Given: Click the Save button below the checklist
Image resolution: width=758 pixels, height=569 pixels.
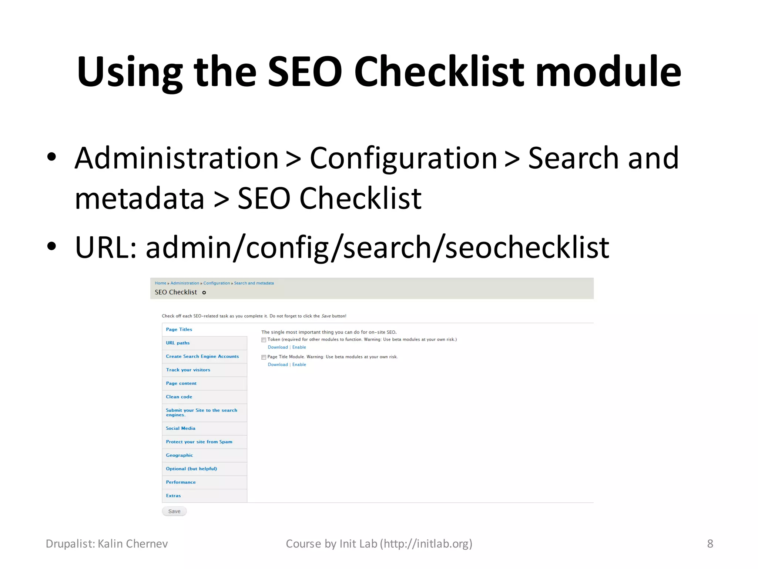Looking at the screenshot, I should (174, 511).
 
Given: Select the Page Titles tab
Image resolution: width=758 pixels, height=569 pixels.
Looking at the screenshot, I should (179, 329).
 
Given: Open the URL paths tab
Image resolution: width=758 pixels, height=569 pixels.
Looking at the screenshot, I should (178, 343).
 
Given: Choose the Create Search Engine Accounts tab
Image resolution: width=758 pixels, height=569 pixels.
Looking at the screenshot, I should (202, 356).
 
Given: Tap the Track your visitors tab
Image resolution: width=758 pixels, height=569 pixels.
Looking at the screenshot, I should (188, 370).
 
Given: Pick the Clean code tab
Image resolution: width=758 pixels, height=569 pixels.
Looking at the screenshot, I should (179, 397).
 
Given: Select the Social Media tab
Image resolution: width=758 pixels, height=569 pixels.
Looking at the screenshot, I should (180, 428).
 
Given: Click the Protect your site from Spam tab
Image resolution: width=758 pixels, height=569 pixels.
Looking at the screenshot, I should (199, 442).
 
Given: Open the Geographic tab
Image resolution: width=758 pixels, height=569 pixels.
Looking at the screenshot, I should (179, 455).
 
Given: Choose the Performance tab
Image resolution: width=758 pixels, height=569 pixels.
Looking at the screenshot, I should (181, 482).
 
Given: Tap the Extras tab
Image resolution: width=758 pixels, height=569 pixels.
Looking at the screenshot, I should (173, 496).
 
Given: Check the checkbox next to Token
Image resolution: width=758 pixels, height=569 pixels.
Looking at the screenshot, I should (264, 340).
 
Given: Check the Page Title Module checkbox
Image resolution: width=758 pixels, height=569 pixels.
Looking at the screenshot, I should (264, 357).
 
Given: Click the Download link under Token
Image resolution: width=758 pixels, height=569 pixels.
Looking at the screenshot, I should (278, 347).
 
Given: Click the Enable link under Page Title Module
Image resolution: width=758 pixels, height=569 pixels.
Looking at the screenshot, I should (299, 365).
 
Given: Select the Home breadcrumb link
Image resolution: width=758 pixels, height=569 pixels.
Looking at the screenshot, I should (160, 283).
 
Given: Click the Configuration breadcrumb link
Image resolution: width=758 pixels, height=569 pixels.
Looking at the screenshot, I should (217, 283).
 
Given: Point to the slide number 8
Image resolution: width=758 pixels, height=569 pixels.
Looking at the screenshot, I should (710, 543).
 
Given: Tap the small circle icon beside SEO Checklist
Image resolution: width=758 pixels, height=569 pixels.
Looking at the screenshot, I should (204, 293).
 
